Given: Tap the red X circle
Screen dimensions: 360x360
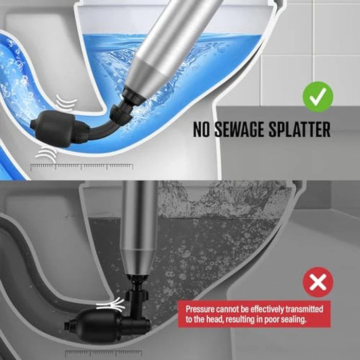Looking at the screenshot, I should pyautogui.click(x=318, y=282).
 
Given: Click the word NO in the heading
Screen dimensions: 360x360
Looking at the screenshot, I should pyautogui.click(x=203, y=130).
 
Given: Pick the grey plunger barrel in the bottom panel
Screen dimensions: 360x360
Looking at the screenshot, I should pyautogui.click(x=137, y=226).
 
